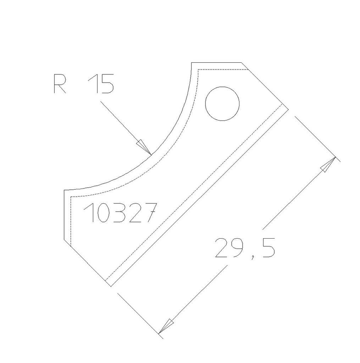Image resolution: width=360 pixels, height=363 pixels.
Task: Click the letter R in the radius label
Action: pos(60,84)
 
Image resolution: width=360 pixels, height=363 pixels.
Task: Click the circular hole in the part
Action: pos(222,104)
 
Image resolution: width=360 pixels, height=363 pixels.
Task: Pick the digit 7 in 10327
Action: pos(149,213)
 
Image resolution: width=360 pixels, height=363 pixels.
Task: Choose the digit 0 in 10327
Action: pos(103,213)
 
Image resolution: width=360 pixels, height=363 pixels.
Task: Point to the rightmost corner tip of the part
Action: pos(288,109)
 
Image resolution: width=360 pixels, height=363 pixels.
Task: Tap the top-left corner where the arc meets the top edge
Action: pos(192,63)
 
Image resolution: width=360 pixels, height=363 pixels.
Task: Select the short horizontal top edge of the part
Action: pos(216,63)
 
